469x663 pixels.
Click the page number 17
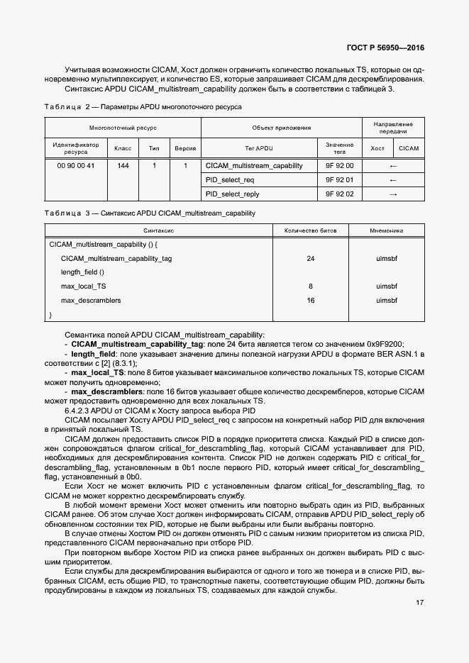[x=419, y=603]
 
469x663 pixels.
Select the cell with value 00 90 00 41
[x=76, y=165]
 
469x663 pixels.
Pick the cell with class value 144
[x=123, y=165]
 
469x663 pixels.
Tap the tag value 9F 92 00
[x=339, y=165]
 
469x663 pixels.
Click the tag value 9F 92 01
[x=339, y=179]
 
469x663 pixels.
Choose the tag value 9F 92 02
[x=339, y=194]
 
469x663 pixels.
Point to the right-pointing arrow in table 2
[x=393, y=194]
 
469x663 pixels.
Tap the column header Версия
[x=185, y=148]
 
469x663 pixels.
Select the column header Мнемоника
[x=387, y=230]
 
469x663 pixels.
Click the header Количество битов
[x=310, y=230]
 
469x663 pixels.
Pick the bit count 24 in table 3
[x=310, y=259]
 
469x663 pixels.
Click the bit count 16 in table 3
[x=310, y=301]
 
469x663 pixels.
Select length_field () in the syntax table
[x=82, y=272]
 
